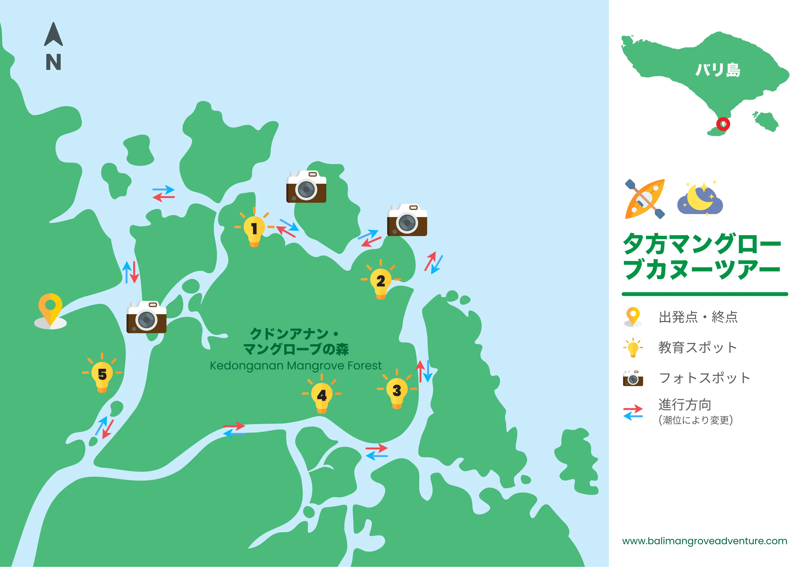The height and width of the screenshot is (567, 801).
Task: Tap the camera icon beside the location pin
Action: coord(146,317)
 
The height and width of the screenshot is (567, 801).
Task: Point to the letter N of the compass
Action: coord(53,62)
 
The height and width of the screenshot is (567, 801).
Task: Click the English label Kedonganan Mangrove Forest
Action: coord(295,366)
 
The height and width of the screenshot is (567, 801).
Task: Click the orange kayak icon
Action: coord(645,199)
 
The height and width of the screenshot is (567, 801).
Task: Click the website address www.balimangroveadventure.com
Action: coord(704,541)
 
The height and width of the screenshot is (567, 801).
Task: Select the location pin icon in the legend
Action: coord(633,317)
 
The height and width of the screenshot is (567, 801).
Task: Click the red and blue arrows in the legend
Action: coord(633,412)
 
